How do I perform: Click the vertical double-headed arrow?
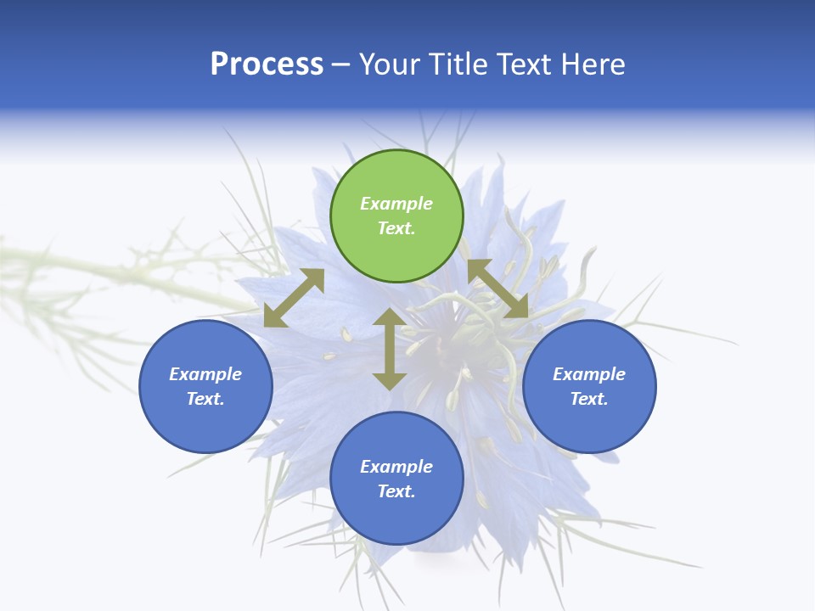[390, 349]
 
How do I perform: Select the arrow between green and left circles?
[294, 298]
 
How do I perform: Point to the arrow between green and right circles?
[498, 289]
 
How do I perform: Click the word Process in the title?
[267, 64]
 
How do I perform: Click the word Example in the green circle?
[396, 204]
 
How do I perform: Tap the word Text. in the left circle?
[205, 399]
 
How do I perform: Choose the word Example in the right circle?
[589, 374]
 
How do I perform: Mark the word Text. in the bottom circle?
[396, 491]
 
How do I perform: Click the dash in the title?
[341, 64]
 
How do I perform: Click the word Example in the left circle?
[205, 374]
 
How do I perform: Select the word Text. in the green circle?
[396, 228]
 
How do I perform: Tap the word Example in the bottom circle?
[396, 467]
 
